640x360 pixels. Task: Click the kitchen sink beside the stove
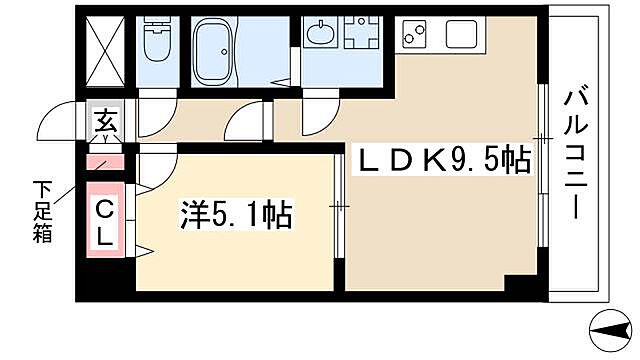462,35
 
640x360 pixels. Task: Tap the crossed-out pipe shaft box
105,51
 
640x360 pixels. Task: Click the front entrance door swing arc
56,122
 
